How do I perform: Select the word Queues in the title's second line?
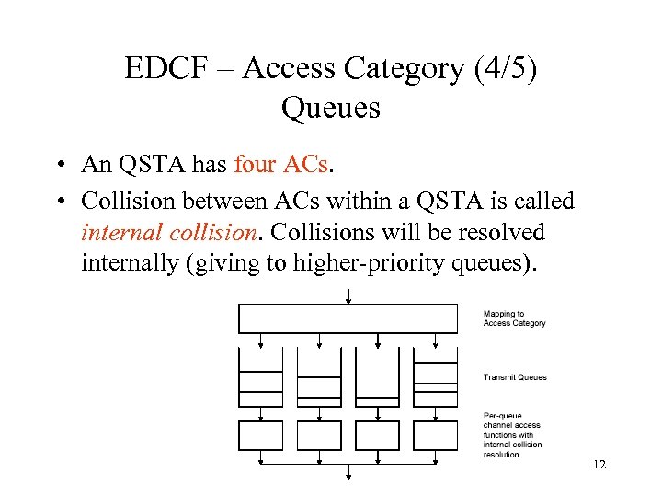click(330, 108)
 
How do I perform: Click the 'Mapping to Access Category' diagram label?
click(514, 318)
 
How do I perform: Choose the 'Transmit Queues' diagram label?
click(515, 377)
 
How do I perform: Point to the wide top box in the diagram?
click(348, 318)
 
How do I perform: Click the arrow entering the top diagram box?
click(348, 295)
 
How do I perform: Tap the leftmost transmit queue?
click(261, 378)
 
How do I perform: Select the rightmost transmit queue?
click(436, 378)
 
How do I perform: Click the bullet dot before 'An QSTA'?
click(58, 167)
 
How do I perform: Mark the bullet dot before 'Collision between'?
click(58, 201)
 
